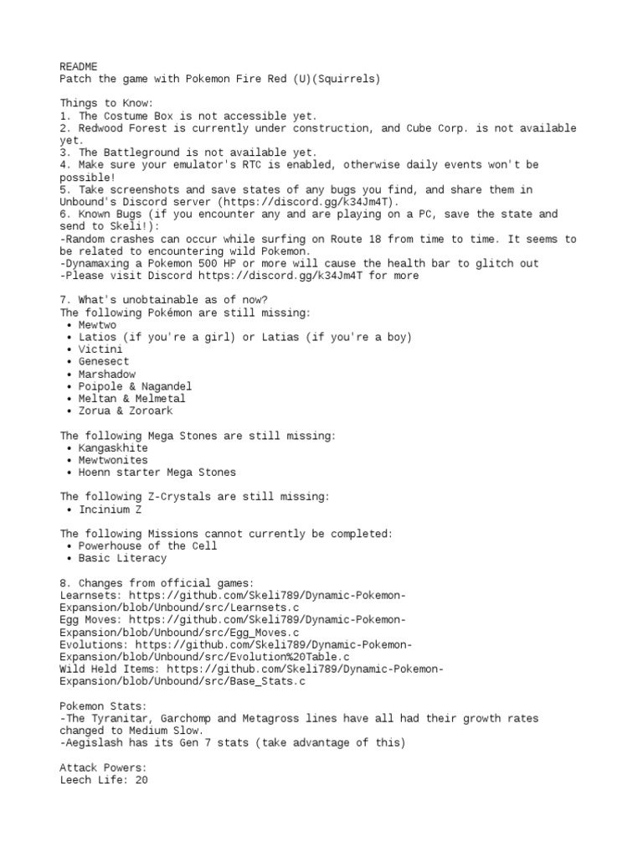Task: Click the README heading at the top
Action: (x=78, y=66)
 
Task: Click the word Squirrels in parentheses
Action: (x=349, y=79)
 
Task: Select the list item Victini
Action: (x=100, y=349)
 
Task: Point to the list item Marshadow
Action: (x=106, y=375)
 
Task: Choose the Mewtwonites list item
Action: (x=112, y=460)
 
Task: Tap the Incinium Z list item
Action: (x=110, y=509)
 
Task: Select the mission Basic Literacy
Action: (x=122, y=558)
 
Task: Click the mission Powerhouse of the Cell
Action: (x=147, y=546)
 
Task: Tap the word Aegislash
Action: (x=94, y=743)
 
